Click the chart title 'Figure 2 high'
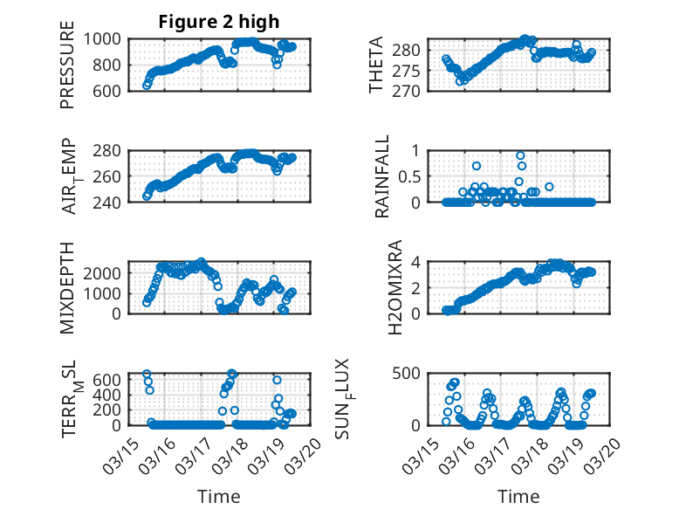coord(219,22)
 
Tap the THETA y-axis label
coord(376,65)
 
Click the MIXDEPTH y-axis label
coord(67,287)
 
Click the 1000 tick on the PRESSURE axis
coord(105,38)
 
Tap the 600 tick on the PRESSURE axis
coord(111,90)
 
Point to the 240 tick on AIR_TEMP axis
coord(111,202)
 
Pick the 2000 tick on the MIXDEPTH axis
coord(105,272)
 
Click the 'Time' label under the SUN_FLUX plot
coord(518,496)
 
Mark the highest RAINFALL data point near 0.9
coord(520,155)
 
